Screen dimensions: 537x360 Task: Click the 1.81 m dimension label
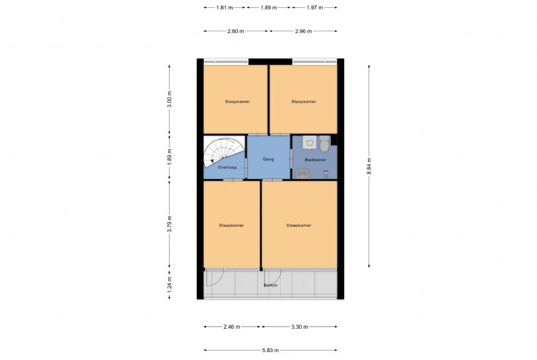click(x=224, y=7)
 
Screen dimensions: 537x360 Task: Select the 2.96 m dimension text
click(x=304, y=31)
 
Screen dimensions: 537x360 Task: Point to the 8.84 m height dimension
click(x=369, y=166)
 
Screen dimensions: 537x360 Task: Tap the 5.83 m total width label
click(x=270, y=350)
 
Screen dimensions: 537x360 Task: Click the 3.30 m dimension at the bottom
click(x=299, y=327)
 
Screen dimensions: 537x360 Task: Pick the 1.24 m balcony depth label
click(x=169, y=284)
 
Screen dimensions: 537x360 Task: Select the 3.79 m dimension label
click(x=169, y=224)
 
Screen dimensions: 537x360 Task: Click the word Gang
click(x=268, y=159)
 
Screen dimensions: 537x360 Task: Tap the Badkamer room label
click(x=316, y=160)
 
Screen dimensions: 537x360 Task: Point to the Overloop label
click(x=227, y=168)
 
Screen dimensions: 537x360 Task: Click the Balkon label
click(x=270, y=285)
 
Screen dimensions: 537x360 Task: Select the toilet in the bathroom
click(x=324, y=144)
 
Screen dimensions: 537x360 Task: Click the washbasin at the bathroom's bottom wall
click(x=302, y=174)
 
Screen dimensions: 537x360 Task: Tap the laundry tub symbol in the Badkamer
click(x=309, y=142)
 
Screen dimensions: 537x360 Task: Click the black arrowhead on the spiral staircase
click(x=212, y=161)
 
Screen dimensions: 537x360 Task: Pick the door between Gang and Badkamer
click(x=291, y=160)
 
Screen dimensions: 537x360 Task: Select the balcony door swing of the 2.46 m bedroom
click(x=215, y=278)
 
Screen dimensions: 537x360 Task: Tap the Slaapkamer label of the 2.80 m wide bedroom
click(x=237, y=101)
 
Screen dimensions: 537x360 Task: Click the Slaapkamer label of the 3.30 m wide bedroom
click(x=298, y=225)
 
